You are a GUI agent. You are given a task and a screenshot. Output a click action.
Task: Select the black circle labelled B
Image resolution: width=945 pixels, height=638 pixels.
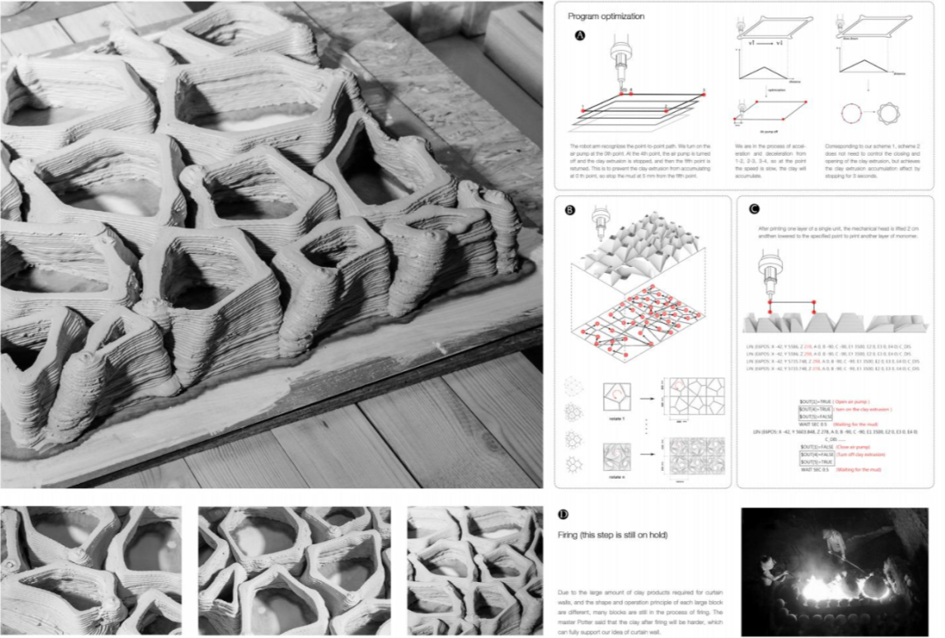570,210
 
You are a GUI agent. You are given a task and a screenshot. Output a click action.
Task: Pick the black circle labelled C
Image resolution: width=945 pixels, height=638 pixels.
753,210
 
